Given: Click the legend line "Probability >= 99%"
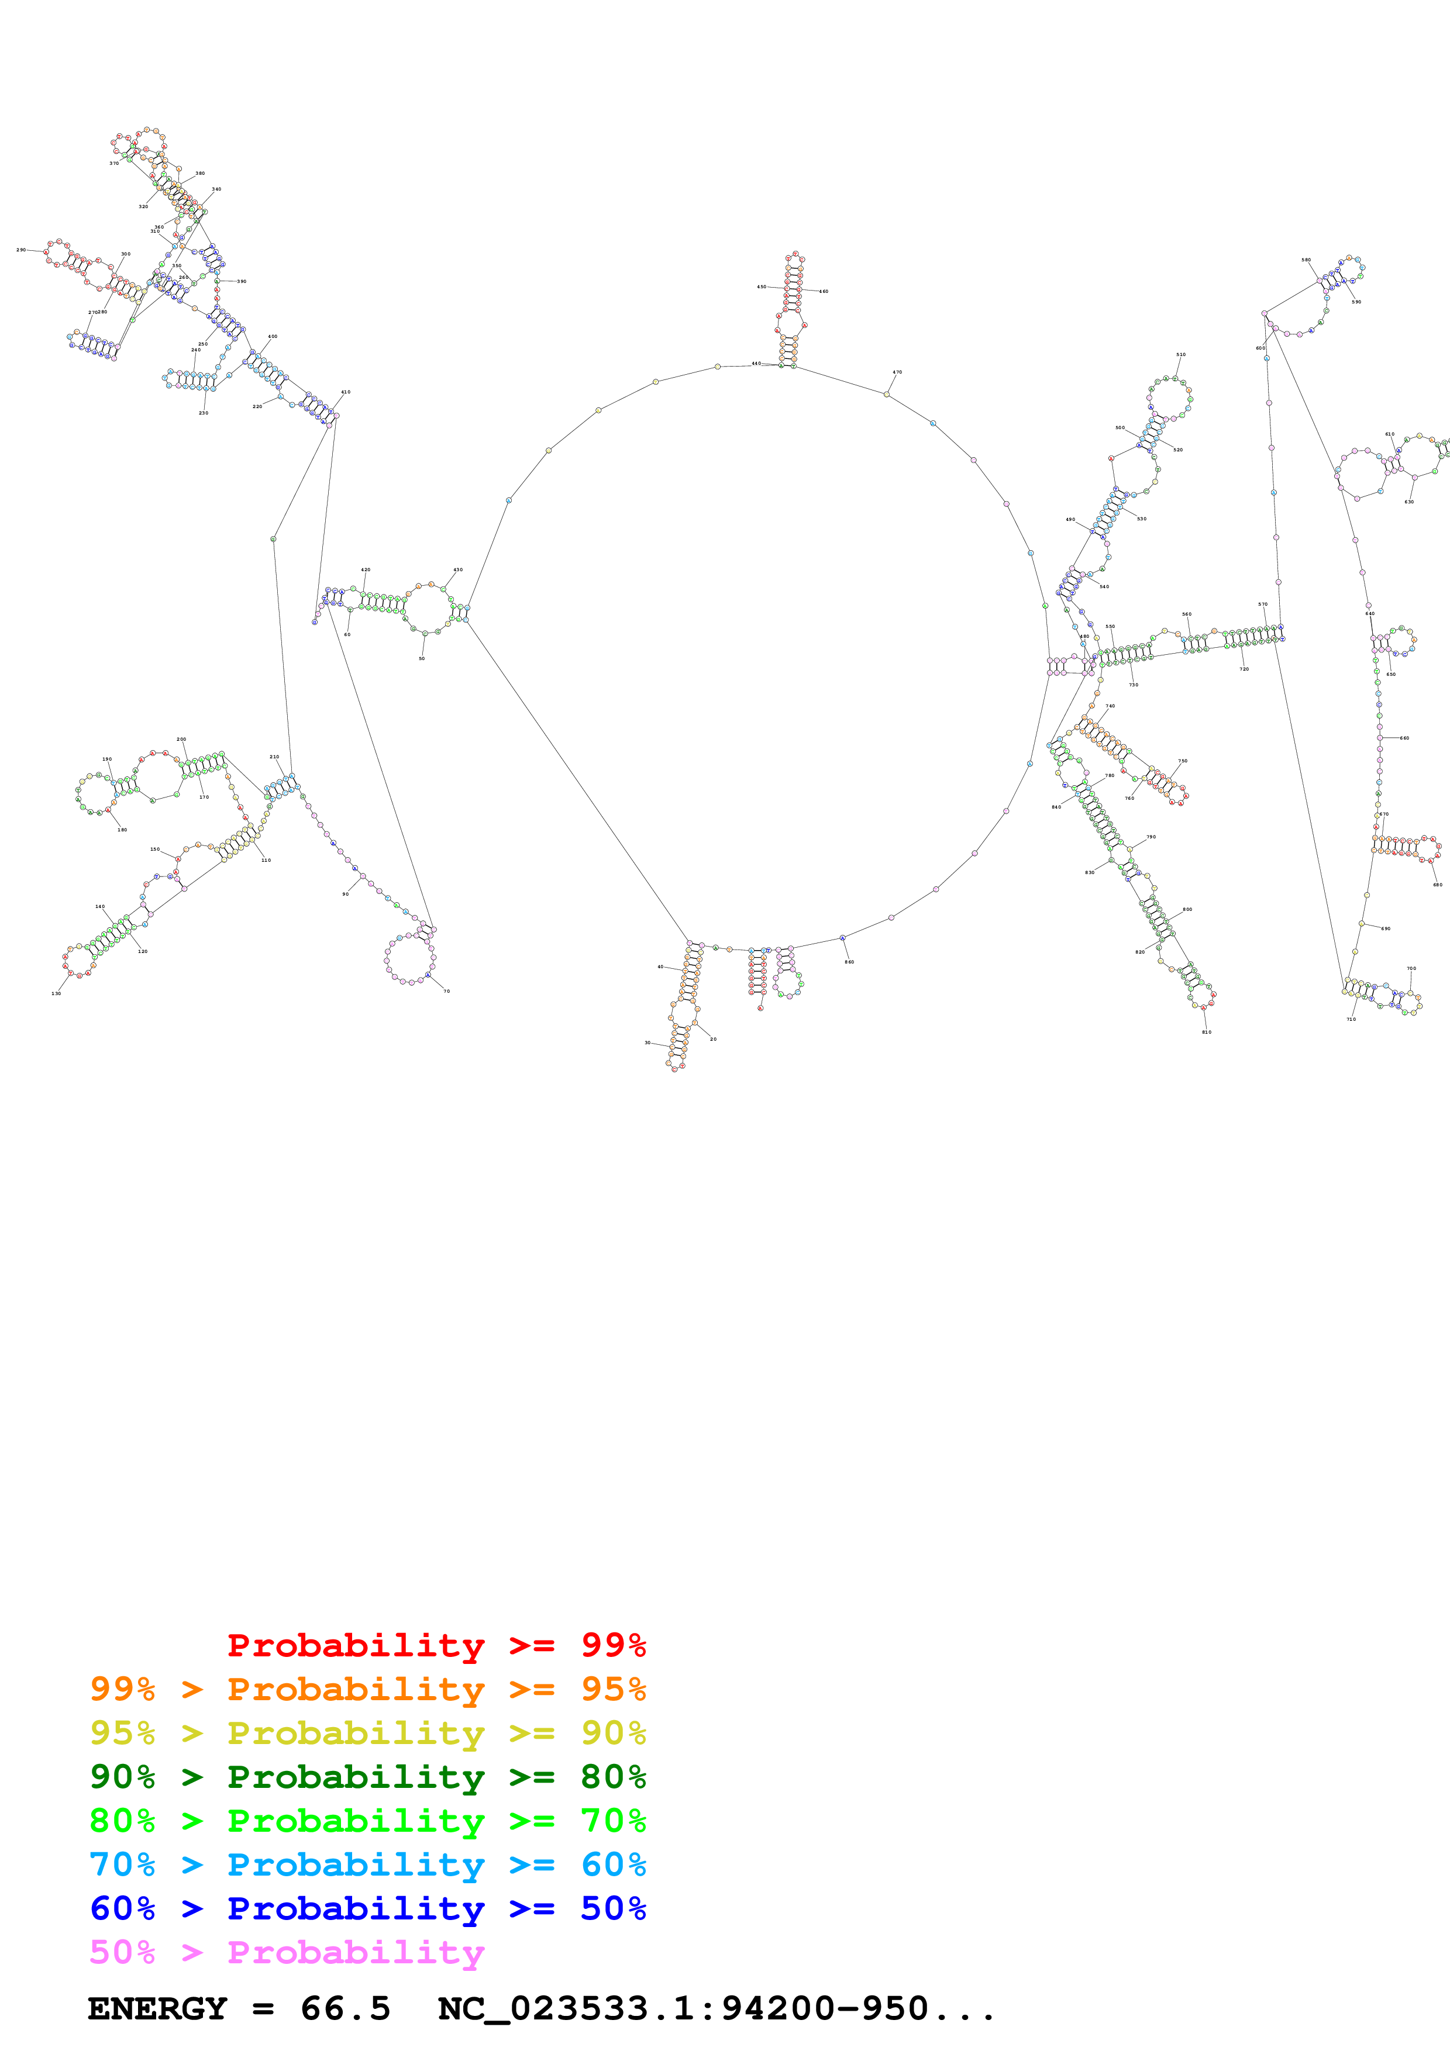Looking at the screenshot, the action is (x=436, y=1645).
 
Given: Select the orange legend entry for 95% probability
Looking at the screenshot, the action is (x=367, y=1689).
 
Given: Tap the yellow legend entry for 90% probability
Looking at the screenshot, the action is (x=367, y=1733).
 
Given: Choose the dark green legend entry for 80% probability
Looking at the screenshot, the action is (x=367, y=1777).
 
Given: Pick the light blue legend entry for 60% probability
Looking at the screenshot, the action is (x=367, y=1864).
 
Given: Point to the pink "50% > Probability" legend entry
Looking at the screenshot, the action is (x=286, y=1952).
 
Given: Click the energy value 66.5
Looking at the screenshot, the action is (x=345, y=2008).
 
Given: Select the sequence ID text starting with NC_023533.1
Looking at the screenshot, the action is (x=715, y=2008).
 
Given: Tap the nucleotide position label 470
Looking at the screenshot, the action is (x=897, y=372).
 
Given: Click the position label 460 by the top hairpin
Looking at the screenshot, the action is (x=824, y=291).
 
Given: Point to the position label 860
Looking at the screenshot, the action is (x=849, y=962).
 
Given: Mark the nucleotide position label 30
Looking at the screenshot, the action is (x=647, y=1042).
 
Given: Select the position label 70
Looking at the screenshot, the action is (x=447, y=990).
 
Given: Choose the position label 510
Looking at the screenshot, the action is (x=1180, y=355).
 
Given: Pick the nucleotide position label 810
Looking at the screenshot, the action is (x=1206, y=1032).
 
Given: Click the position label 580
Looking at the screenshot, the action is (x=1306, y=260).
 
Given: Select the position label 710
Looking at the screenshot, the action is (x=1351, y=1019).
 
